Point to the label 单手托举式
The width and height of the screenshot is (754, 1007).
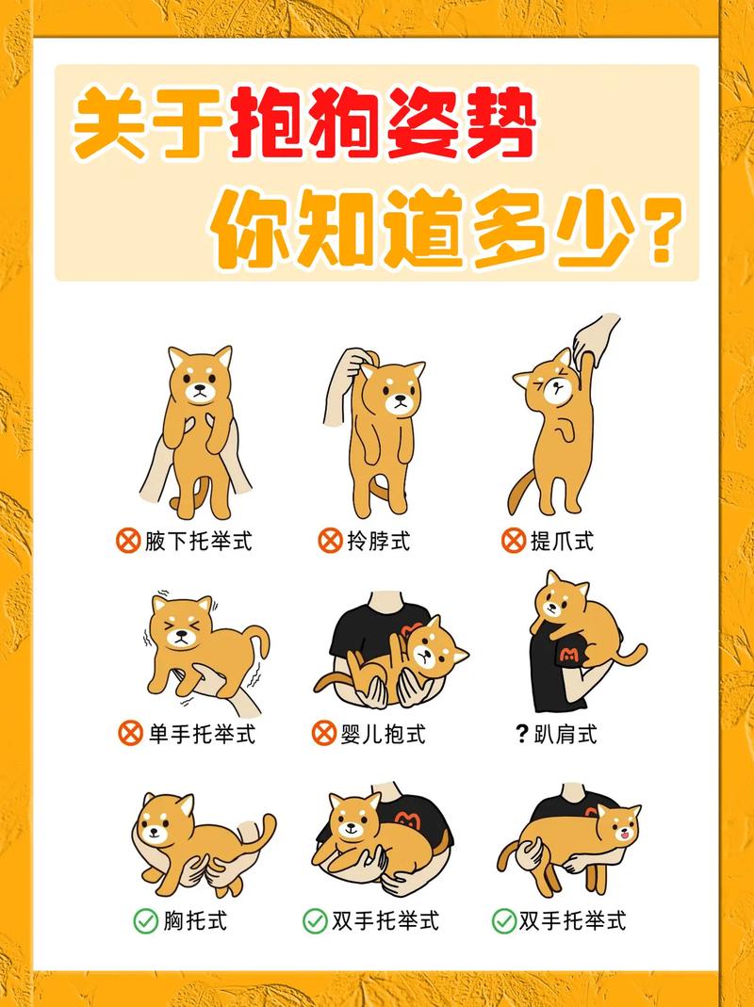pos(201,733)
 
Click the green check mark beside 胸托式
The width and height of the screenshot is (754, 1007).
pos(144,921)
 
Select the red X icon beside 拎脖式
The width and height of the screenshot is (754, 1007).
pos(329,541)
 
